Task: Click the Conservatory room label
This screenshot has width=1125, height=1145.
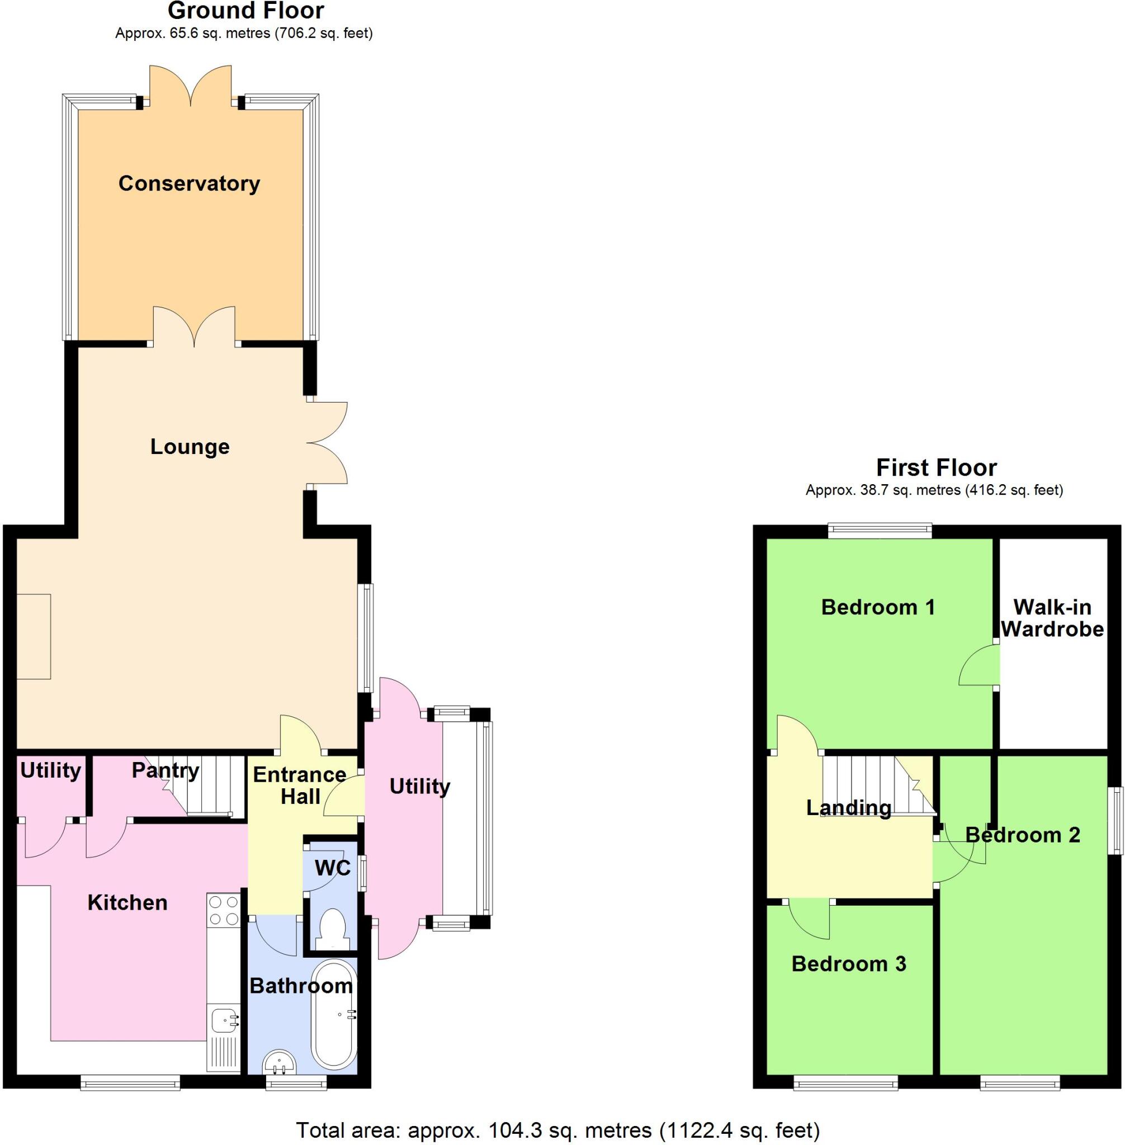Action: [189, 184]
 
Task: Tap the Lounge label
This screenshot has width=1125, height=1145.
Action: [190, 447]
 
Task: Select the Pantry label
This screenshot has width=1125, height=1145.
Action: [166, 770]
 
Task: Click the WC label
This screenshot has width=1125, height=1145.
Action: [333, 868]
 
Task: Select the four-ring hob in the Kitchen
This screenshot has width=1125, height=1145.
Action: [224, 910]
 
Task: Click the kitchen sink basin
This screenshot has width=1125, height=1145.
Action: [222, 1019]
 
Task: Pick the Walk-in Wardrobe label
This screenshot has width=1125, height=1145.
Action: [1052, 618]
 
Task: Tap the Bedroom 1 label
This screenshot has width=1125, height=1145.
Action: [878, 607]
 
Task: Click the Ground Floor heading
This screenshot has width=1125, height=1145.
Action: [246, 11]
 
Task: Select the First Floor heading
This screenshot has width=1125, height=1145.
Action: [936, 467]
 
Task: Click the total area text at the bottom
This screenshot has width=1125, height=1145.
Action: [558, 1130]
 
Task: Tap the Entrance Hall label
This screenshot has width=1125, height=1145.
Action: [300, 785]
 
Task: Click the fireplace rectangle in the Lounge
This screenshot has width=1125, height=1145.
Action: [34, 637]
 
